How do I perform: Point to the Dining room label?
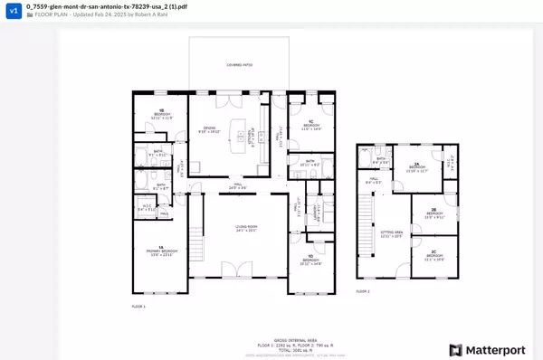[209, 129]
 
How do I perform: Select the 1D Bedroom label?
[310, 261]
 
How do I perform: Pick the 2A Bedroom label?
[417, 168]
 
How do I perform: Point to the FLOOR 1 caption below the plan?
[139, 307]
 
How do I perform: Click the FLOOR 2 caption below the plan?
[362, 291]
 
